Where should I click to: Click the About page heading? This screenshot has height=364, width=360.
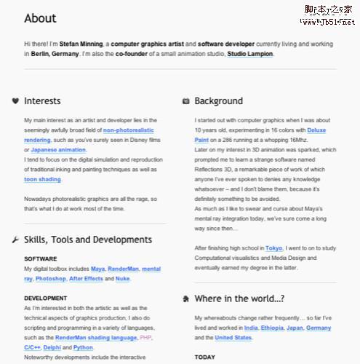pos(40,18)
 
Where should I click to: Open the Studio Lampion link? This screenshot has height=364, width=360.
pos(250,54)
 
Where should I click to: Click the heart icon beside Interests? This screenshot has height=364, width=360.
pos(15,101)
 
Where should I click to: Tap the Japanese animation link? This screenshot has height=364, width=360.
pos(57,149)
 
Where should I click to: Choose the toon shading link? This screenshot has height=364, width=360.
pos(42,179)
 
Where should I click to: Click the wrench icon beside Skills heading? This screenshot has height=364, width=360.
pos(15,240)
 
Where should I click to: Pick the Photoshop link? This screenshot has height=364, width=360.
pos(50,279)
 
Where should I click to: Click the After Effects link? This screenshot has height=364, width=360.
pos(86,279)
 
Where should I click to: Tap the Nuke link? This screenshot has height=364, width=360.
pos(122,279)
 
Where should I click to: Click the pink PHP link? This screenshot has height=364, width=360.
pos(145,339)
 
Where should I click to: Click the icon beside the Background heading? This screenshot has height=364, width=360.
pos(186,101)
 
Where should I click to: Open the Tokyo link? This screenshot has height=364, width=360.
pos(274,248)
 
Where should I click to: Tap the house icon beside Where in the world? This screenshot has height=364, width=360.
pos(186,298)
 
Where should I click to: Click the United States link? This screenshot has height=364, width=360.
pos(233,339)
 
